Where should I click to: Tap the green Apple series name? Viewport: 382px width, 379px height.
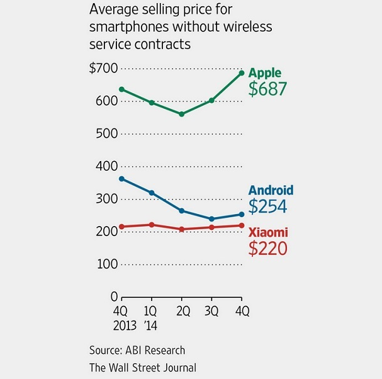tap(265, 72)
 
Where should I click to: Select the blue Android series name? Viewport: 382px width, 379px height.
tap(271, 190)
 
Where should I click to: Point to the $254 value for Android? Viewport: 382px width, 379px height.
tap(268, 206)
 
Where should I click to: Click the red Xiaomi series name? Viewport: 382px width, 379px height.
tap(269, 232)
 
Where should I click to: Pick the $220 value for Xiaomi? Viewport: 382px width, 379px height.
tap(268, 248)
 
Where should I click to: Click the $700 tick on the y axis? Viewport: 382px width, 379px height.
tap(103, 69)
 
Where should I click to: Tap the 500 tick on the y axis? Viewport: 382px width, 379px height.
tap(107, 133)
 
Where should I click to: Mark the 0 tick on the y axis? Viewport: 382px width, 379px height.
tap(114, 296)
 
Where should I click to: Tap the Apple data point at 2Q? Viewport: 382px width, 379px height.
tap(181, 114)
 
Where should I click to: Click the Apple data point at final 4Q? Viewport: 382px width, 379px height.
tap(242, 73)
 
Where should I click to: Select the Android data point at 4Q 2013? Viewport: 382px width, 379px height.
tap(121, 179)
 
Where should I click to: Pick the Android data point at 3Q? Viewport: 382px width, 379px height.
tap(212, 219)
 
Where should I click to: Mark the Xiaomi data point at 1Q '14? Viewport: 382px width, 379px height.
tap(152, 225)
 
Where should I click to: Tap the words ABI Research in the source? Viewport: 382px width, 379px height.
tap(157, 350)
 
